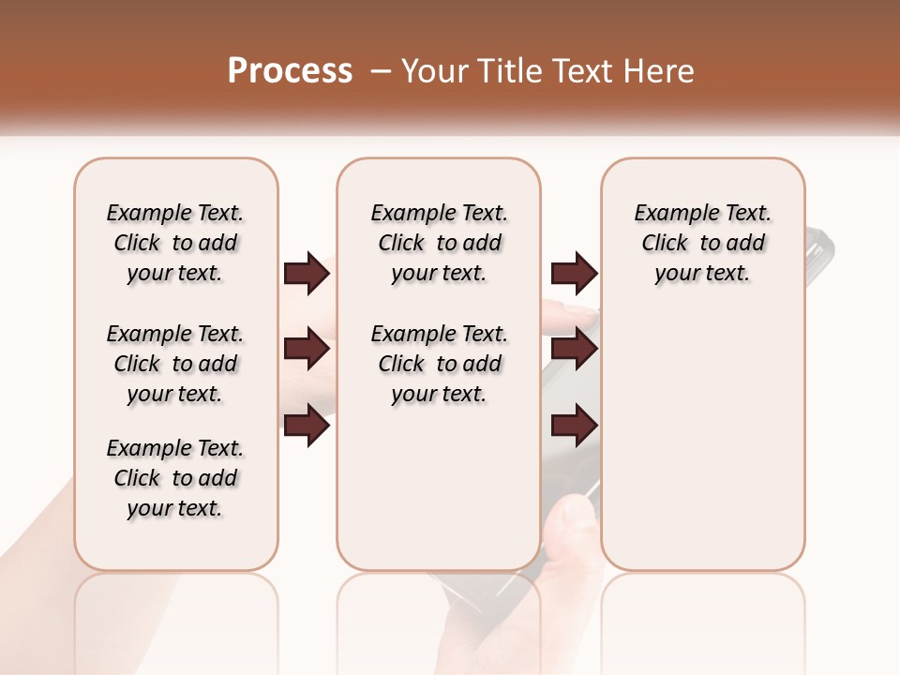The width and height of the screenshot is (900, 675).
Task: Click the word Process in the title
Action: click(290, 71)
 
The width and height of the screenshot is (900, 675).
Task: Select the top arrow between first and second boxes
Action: click(307, 274)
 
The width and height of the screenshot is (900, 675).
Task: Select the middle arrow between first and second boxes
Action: click(307, 350)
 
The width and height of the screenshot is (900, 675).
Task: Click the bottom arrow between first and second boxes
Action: click(307, 426)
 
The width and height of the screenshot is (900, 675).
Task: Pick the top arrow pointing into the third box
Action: click(574, 274)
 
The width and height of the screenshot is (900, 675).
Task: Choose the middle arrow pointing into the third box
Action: click(574, 350)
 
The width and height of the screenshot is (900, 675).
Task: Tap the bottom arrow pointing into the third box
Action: click(574, 426)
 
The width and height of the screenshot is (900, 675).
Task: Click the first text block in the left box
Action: click(175, 243)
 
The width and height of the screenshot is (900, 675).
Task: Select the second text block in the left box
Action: click(175, 364)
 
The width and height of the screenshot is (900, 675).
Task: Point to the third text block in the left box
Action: click(175, 478)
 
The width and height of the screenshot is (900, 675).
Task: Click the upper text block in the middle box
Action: click(440, 243)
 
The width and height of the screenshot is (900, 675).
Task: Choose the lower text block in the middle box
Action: click(440, 364)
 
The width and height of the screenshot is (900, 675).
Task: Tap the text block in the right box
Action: click(703, 243)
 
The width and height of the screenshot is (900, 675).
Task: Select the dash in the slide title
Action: click(381, 71)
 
